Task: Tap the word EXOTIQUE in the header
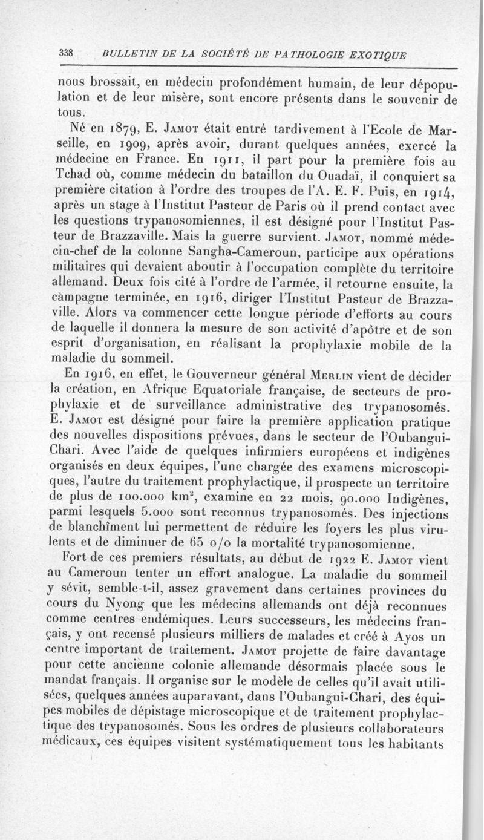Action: point(375,55)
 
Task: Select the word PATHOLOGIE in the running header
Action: point(308,55)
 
